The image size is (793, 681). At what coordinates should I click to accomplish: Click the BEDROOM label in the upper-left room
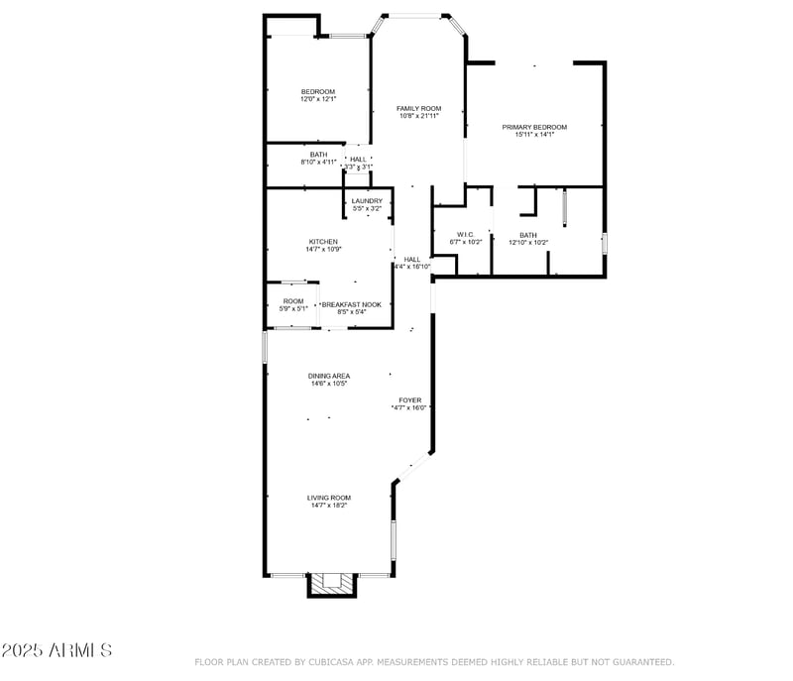[318, 91]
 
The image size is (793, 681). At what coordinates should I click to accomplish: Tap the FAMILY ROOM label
[418, 108]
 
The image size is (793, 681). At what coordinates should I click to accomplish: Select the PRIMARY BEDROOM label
[534, 127]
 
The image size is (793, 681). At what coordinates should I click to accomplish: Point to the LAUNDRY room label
[367, 201]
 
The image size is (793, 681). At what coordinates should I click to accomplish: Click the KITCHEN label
[323, 242]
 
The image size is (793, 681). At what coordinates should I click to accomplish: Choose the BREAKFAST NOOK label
[351, 304]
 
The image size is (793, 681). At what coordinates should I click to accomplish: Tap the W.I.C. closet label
[466, 235]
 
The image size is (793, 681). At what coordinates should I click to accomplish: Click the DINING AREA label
[328, 376]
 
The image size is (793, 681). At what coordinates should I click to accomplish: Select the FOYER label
[409, 400]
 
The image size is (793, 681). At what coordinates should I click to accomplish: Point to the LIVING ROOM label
[328, 498]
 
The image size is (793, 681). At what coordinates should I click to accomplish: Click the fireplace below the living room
[331, 586]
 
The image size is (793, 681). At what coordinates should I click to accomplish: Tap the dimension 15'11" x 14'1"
[534, 135]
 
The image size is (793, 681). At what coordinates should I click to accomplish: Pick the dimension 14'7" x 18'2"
[328, 506]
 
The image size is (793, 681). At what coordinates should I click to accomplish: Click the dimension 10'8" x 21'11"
[418, 116]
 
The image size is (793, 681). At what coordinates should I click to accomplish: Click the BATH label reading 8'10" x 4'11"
[318, 155]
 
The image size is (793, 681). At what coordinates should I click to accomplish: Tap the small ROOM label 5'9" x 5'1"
[293, 301]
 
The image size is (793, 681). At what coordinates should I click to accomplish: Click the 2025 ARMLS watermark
[57, 650]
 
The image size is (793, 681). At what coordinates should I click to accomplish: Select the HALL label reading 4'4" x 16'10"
[412, 260]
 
